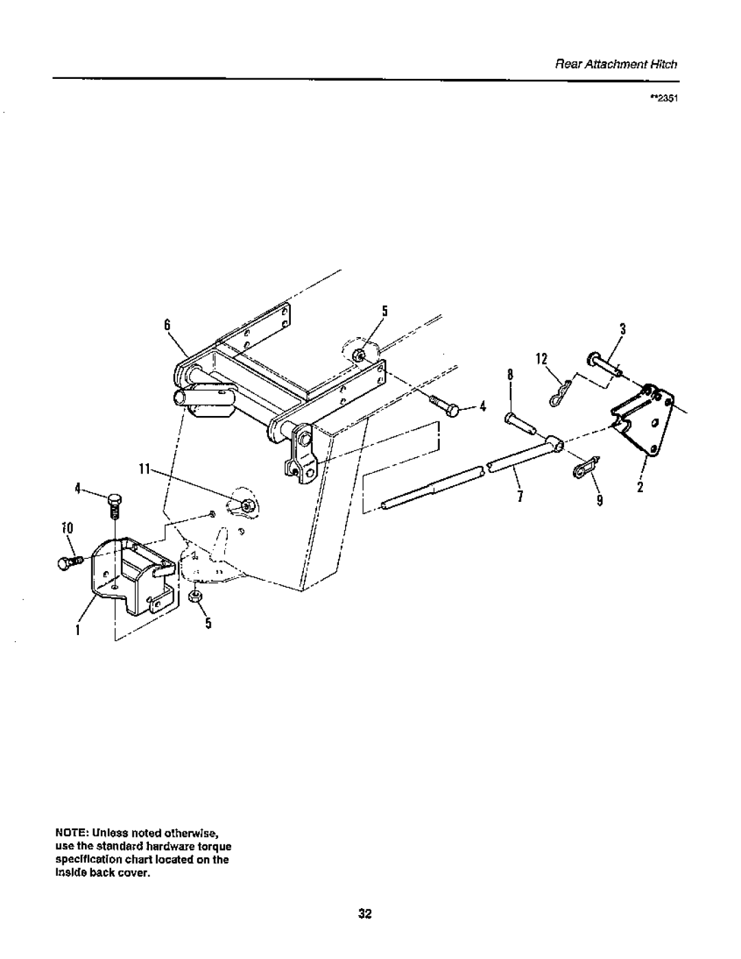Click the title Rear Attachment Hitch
pos(615,65)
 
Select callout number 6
pos(167,325)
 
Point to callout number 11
pos(144,469)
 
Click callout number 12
pos(541,359)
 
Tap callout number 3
pos(622,329)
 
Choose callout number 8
pos(510,375)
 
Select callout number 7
pos(521,497)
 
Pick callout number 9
pos(599,500)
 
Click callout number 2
pos(639,487)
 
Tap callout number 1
pos(78,629)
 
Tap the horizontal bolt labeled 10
pos(70,562)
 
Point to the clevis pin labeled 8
pos(521,421)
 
